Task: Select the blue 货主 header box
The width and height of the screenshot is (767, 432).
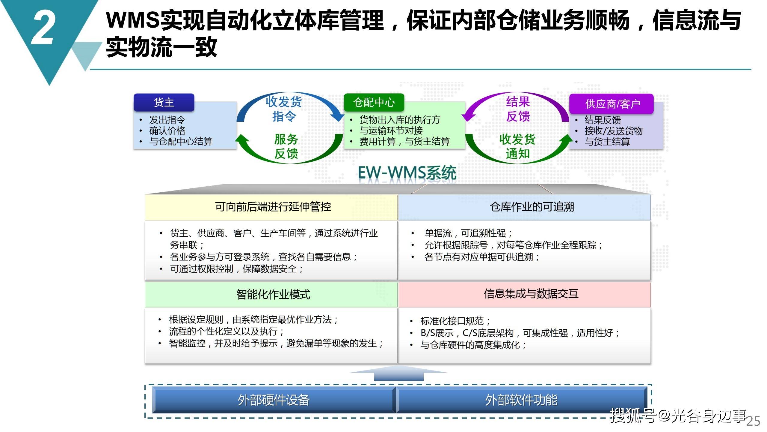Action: (164, 103)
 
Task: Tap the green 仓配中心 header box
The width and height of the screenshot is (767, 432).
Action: (374, 103)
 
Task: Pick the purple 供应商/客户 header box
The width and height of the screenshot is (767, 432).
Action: (611, 104)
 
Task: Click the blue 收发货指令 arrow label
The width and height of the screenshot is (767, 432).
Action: (283, 109)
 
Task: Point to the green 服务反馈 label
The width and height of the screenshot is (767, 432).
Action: (286, 146)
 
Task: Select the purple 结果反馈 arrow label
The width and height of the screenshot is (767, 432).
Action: (518, 109)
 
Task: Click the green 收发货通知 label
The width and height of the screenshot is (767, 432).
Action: (517, 146)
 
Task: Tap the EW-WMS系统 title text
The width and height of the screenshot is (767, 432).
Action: (407, 173)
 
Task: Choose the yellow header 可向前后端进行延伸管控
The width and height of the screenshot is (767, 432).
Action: (273, 207)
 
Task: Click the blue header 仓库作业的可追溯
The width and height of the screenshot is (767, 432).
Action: (532, 207)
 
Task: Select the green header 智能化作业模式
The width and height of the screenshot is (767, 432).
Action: (273, 294)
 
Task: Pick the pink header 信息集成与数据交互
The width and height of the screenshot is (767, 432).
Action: (531, 294)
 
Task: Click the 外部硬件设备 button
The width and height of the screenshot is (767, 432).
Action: (274, 400)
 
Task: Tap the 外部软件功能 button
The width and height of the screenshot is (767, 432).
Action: (521, 400)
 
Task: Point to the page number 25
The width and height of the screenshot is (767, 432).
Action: (753, 421)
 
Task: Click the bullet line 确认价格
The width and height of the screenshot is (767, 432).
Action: (167, 130)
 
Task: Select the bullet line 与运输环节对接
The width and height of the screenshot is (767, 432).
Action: (391, 130)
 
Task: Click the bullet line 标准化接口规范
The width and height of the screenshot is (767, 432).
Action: (455, 321)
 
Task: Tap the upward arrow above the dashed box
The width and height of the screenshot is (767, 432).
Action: (399, 373)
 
